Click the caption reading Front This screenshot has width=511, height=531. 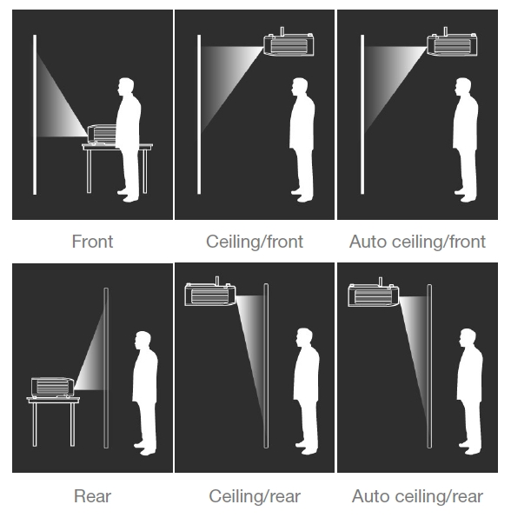(x=92, y=242)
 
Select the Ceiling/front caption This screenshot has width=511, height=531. (x=255, y=242)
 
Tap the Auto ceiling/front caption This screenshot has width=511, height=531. (x=417, y=242)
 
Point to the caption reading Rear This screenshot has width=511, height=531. (x=92, y=496)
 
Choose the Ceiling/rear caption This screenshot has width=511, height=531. (x=255, y=496)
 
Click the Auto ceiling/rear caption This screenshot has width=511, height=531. (x=417, y=496)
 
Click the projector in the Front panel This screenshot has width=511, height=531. (x=103, y=135)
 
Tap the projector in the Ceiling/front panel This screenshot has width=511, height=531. (x=289, y=43)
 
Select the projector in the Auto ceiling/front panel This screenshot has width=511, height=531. (x=453, y=43)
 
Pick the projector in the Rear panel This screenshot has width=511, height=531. (x=52, y=387)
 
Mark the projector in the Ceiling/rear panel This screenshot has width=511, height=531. (x=210, y=293)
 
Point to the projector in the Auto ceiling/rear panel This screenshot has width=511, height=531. (x=374, y=293)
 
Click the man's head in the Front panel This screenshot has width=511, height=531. (x=125, y=87)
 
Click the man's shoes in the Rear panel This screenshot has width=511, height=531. (x=145, y=448)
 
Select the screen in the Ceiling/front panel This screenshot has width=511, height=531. (x=199, y=115)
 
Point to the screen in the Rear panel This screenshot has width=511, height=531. (x=106, y=368)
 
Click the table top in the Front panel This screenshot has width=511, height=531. (x=117, y=147)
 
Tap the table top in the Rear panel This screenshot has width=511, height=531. (x=53, y=401)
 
